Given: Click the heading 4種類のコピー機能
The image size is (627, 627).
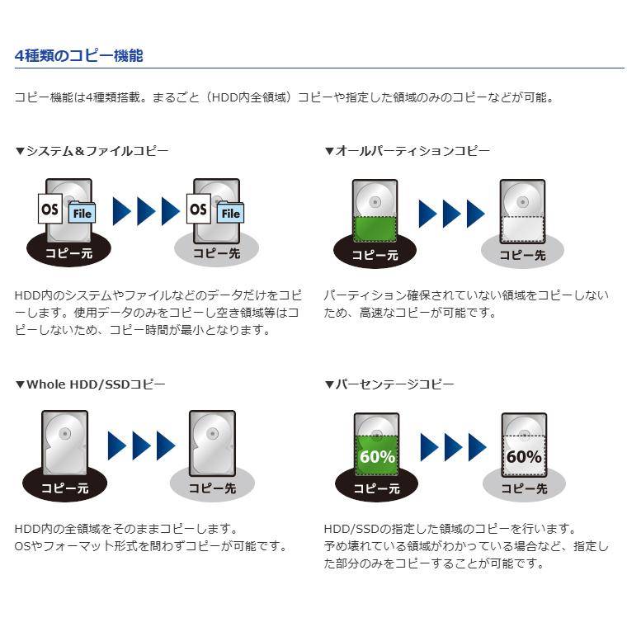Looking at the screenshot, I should tap(79, 55).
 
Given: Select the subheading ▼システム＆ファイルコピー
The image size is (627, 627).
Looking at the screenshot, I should tap(92, 151).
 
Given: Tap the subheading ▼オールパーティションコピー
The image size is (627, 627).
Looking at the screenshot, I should tap(407, 151).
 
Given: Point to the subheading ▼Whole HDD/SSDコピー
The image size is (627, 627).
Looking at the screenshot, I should tap(90, 384).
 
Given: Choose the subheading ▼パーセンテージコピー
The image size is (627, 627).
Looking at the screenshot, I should tap(389, 384).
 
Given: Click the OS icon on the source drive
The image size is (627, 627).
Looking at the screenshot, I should tap(50, 210).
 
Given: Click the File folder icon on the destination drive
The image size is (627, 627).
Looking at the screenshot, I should tap(230, 214).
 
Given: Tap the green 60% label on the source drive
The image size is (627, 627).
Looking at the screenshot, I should tap(376, 457).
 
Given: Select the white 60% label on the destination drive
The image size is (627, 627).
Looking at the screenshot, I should tap(524, 457).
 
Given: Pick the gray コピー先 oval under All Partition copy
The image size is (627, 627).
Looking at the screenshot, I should tap(522, 255).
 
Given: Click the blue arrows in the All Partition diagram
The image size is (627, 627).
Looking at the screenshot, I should tap(451, 214).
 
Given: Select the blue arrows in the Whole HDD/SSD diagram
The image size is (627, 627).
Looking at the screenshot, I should tap(141, 446).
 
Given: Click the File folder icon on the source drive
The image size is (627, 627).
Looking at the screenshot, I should tap(82, 214).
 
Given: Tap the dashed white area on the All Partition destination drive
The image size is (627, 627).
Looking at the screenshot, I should tap(522, 228).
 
